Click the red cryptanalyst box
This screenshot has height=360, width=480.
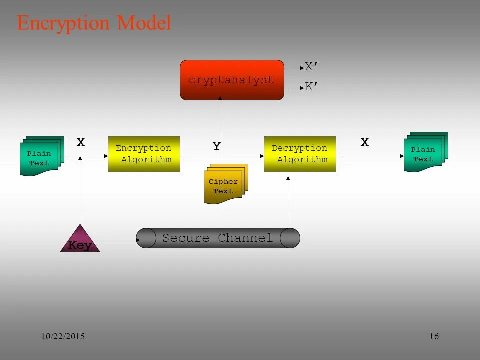232,80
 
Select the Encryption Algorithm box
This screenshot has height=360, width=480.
144,154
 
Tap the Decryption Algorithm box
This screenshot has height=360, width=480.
300,154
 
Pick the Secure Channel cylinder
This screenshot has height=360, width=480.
218,238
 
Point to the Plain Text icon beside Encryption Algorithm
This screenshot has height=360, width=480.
40,157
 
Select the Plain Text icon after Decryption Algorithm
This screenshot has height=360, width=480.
424,153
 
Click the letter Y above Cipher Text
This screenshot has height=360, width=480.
216,146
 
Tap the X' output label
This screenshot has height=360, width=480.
312,67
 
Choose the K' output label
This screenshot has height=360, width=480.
312,87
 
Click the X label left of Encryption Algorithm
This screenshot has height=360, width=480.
81,143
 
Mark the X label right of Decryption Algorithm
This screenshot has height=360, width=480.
365,143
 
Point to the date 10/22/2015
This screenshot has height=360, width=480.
62,336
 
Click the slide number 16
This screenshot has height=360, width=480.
434,336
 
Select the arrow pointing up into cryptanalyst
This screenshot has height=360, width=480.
220,125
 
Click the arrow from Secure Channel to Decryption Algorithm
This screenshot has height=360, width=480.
288,200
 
